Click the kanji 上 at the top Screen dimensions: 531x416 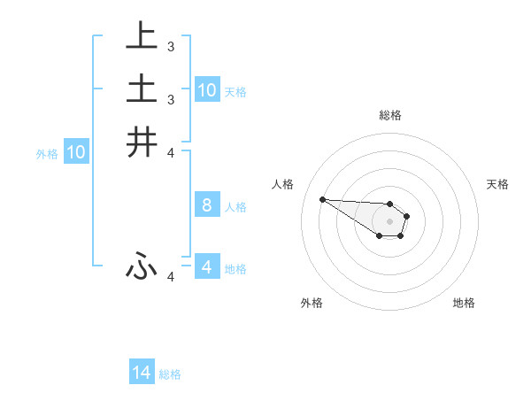tap(142, 36)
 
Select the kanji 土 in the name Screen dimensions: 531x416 tap(142, 89)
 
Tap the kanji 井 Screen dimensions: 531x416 tap(142, 142)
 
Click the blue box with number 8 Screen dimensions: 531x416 tap(207, 205)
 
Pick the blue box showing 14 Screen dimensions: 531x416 tap(142, 373)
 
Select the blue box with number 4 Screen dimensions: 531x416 tap(207, 266)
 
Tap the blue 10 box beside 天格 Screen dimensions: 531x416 tap(207, 89)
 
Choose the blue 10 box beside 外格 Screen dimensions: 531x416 tap(76, 152)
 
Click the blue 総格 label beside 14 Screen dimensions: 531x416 tap(170, 374)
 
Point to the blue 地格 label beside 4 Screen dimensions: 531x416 tap(235, 268)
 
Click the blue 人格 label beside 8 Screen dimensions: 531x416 tap(235, 207)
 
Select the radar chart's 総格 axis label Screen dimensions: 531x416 tap(389, 115)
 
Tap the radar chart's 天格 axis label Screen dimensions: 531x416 tap(497, 184)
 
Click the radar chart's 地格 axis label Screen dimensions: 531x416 tap(464, 303)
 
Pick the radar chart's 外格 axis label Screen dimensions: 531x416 tap(312, 303)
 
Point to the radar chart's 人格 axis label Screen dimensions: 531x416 tap(282, 184)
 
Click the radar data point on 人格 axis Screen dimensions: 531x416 tap(322, 199)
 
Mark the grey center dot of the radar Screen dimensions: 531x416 tap(389, 221)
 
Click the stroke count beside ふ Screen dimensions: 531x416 tap(171, 277)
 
